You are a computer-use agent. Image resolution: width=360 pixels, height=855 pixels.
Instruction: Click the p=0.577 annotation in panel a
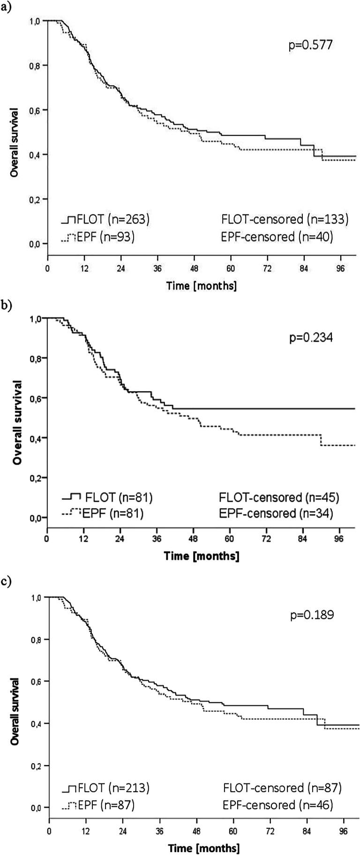(x=310, y=46)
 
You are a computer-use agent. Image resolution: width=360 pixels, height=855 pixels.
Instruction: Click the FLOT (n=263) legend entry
(x=105, y=219)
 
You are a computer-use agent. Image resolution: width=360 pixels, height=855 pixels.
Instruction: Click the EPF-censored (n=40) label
(x=277, y=237)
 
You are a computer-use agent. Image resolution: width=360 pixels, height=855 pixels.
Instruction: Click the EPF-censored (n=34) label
(x=276, y=514)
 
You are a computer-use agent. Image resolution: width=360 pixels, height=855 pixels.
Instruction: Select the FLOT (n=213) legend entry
(x=106, y=788)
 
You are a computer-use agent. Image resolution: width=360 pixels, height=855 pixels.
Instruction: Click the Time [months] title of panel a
(x=202, y=285)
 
